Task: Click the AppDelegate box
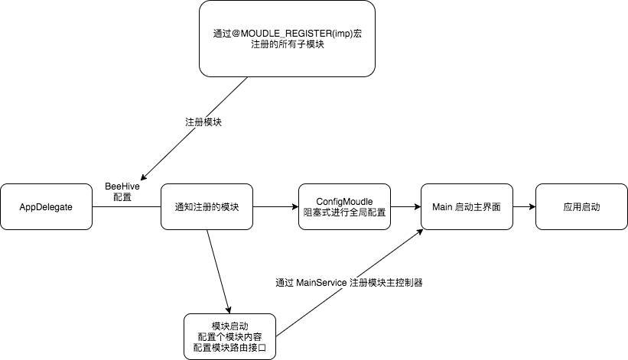click(x=46, y=206)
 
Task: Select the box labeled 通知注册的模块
click(x=207, y=206)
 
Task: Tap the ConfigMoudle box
click(x=344, y=206)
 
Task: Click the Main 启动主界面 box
click(x=467, y=206)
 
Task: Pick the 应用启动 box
click(x=581, y=206)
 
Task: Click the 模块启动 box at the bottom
click(x=230, y=336)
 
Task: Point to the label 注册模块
click(x=203, y=122)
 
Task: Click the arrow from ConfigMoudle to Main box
click(x=405, y=206)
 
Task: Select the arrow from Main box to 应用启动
click(x=524, y=206)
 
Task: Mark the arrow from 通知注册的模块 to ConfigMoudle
click(x=275, y=206)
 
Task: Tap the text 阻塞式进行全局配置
click(x=344, y=213)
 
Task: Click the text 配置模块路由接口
click(x=230, y=349)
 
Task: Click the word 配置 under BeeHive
click(x=122, y=197)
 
